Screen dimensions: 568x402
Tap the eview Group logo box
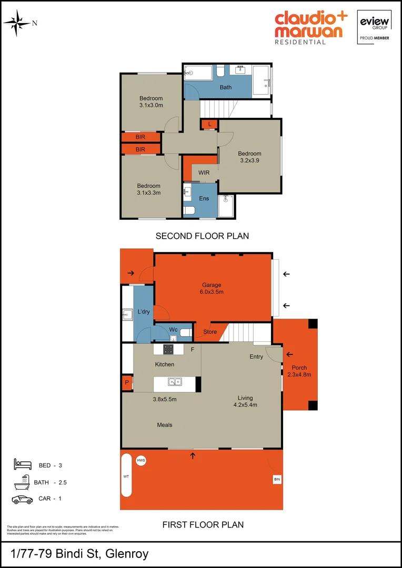pyautogui.click(x=374, y=26)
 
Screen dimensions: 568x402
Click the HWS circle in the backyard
pyautogui.click(x=140, y=461)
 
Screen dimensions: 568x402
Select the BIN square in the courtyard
pyautogui.click(x=277, y=479)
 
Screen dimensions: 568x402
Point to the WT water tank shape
pyautogui.click(x=127, y=475)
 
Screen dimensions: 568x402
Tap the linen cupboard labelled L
pyautogui.click(x=209, y=124)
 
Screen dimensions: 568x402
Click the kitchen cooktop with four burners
pyautogui.click(x=168, y=349)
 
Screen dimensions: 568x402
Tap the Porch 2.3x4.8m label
pyautogui.click(x=299, y=371)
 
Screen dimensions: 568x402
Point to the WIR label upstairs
pyautogui.click(x=204, y=173)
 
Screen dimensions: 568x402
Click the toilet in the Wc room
pyautogui.click(x=185, y=332)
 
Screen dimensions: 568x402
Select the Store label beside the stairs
pyautogui.click(x=210, y=332)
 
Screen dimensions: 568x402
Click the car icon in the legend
pyautogui.click(x=22, y=499)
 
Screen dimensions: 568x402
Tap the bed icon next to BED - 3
pyautogui.click(x=22, y=464)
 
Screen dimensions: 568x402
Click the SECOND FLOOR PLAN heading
pyautogui.click(x=202, y=236)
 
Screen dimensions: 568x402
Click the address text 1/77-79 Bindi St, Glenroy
pyautogui.click(x=79, y=553)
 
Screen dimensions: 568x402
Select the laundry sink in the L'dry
pyautogui.click(x=127, y=316)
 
